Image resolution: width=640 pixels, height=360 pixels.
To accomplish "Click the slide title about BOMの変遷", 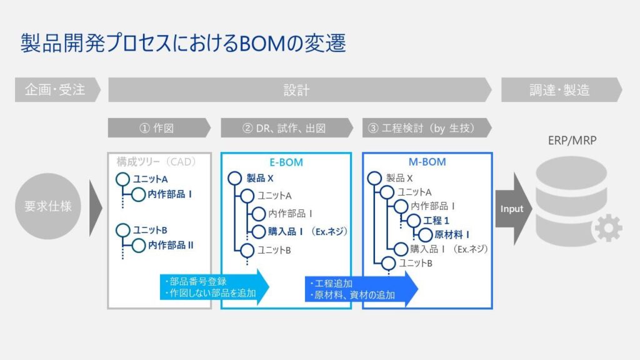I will click(x=183, y=44).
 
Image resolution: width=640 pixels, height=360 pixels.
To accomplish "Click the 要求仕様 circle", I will click(x=47, y=206).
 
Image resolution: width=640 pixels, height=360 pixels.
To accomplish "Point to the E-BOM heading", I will click(x=286, y=162).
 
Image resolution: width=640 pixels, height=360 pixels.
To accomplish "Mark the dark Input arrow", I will click(x=512, y=209).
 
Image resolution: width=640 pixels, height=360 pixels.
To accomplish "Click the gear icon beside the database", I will click(x=607, y=228).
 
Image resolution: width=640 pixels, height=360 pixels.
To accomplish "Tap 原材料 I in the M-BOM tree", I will click(x=449, y=234).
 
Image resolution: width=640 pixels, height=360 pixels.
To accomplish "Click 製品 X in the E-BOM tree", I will click(x=260, y=179).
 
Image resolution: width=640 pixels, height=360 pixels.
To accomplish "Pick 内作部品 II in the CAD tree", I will click(x=171, y=245).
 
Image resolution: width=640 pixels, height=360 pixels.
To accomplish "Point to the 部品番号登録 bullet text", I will click(x=199, y=281).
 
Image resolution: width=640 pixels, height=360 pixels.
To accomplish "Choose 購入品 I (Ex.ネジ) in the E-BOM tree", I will click(x=307, y=231).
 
